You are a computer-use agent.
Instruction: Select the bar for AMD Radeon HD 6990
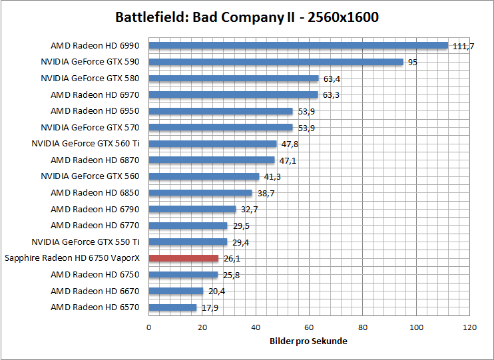click(x=298, y=45)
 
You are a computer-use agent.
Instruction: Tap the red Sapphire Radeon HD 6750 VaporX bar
click(x=183, y=258)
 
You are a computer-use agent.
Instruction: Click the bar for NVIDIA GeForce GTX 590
click(x=276, y=62)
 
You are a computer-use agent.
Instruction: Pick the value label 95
click(x=413, y=62)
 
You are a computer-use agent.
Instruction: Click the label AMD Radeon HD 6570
click(x=95, y=307)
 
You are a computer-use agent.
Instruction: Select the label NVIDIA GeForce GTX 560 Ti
click(x=85, y=144)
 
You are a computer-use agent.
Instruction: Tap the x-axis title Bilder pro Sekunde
click(x=308, y=341)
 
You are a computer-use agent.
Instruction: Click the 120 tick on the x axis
click(x=470, y=327)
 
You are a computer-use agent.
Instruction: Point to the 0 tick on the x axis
click(x=148, y=327)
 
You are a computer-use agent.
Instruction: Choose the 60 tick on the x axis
click(x=309, y=327)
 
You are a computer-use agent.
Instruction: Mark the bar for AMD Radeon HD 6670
click(x=176, y=291)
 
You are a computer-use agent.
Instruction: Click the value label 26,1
click(x=232, y=259)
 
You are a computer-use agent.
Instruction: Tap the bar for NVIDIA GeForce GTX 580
click(x=233, y=78)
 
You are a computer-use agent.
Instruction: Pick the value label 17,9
click(x=210, y=308)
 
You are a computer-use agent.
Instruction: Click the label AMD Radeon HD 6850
click(x=95, y=193)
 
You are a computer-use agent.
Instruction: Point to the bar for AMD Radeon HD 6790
click(x=192, y=209)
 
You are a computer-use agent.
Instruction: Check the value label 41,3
click(x=272, y=177)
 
